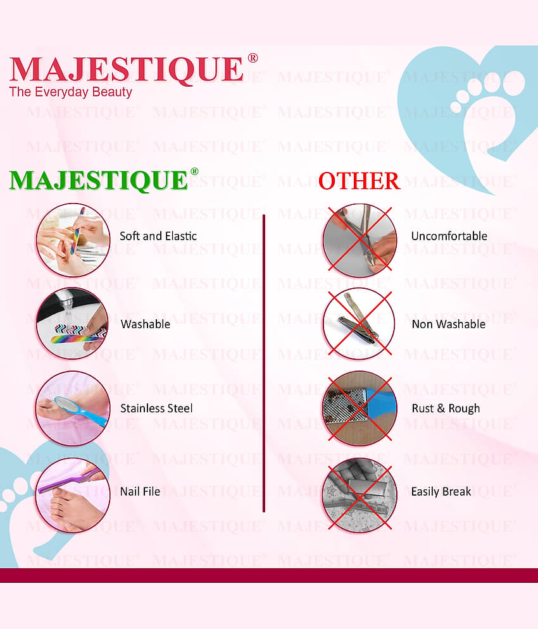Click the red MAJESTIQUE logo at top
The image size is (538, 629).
[x=127, y=70]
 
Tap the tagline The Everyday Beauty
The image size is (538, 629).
[x=70, y=92]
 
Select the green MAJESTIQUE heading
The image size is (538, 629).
[x=99, y=180]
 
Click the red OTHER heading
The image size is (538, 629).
[x=359, y=181]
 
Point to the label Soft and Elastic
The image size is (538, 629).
[x=158, y=236]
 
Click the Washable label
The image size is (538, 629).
[x=146, y=324]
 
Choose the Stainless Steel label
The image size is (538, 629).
[x=156, y=408]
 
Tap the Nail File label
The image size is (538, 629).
[x=140, y=491]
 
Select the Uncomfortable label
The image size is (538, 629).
[x=449, y=236]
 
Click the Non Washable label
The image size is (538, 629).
[x=448, y=324]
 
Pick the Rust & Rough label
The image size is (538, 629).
[x=446, y=408]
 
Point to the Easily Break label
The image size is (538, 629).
[x=441, y=491]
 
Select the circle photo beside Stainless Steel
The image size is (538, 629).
[x=72, y=408]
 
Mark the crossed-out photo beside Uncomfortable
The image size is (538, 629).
[x=360, y=239]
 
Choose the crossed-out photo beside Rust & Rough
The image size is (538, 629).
[x=360, y=408]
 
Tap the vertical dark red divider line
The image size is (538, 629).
[x=263, y=363]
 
